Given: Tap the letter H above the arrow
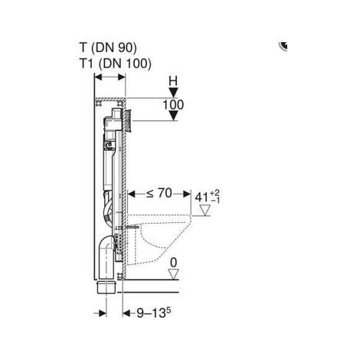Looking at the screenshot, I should pos(174,80).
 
